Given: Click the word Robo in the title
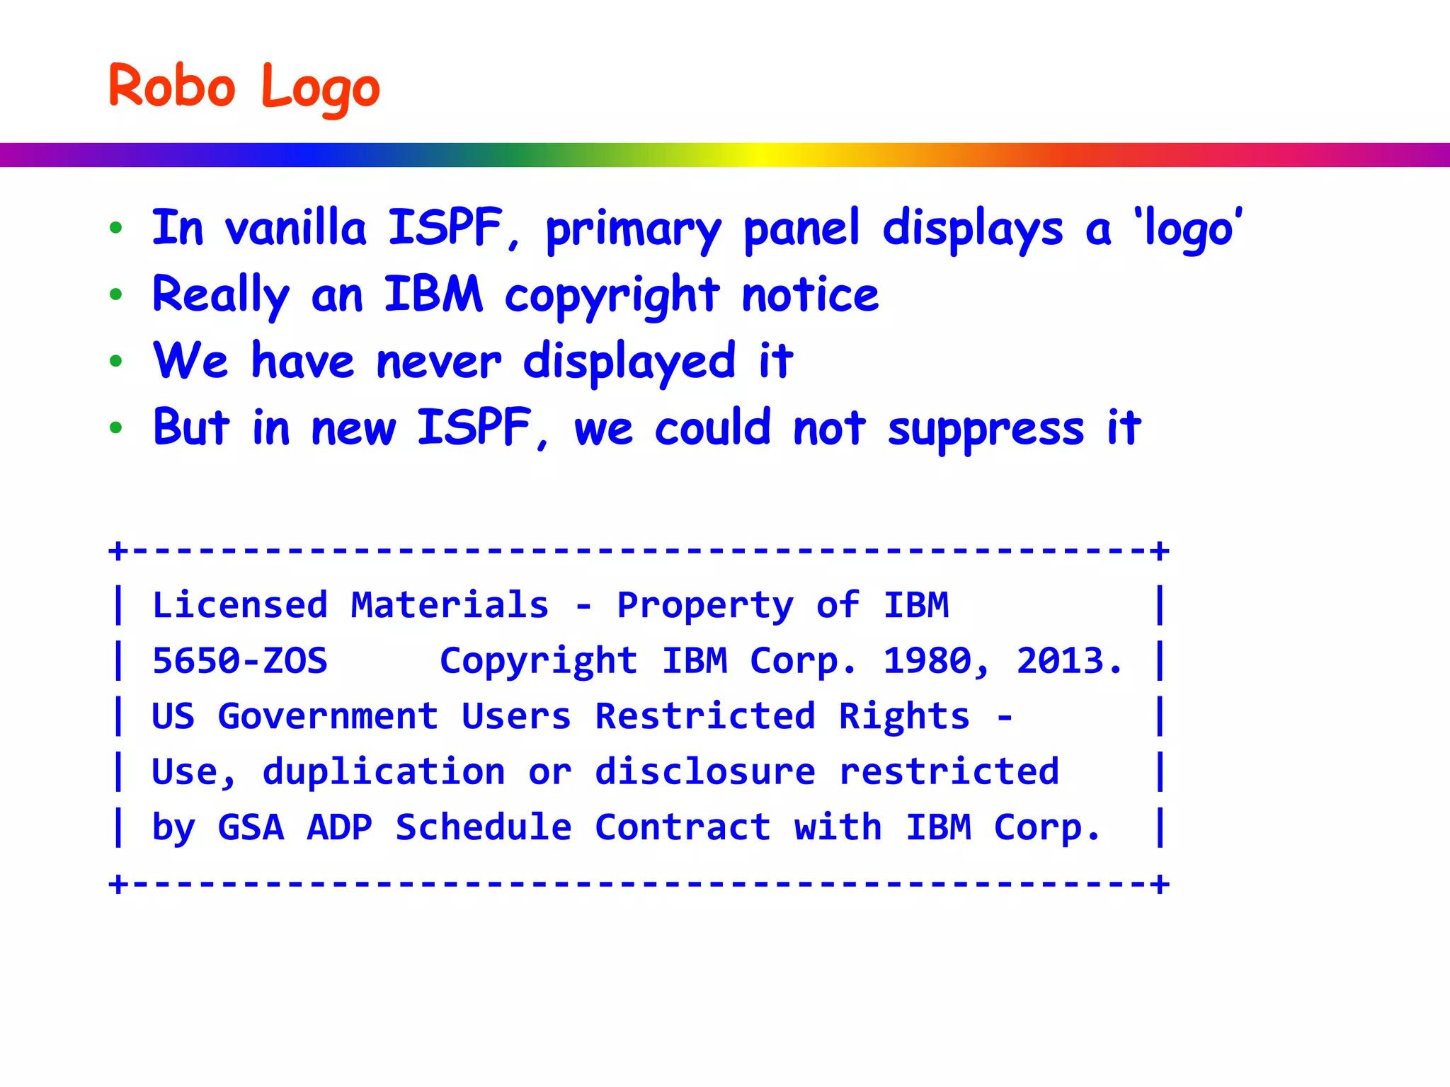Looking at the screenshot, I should (x=171, y=86).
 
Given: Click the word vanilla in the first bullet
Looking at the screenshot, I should (x=295, y=228).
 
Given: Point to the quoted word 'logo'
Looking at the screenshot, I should (x=1187, y=229).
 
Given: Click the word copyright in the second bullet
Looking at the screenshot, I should (x=612, y=296).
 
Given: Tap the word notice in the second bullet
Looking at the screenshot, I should (x=810, y=294).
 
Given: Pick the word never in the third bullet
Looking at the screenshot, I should (x=439, y=362).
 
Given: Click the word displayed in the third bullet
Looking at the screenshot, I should (x=629, y=362).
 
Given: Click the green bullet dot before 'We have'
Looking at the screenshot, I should (x=116, y=362).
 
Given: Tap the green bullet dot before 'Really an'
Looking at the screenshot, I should (x=116, y=294).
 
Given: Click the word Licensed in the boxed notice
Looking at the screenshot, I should (x=240, y=606).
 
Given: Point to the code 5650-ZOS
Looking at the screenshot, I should (x=240, y=661).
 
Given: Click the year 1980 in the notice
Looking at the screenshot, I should (x=927, y=661).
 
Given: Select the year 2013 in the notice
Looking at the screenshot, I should (x=1061, y=661).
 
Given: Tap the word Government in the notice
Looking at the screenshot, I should (x=328, y=716).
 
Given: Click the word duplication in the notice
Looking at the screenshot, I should (x=384, y=771).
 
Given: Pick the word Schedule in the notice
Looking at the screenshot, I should (x=484, y=827).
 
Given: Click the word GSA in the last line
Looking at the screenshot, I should (x=251, y=827).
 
